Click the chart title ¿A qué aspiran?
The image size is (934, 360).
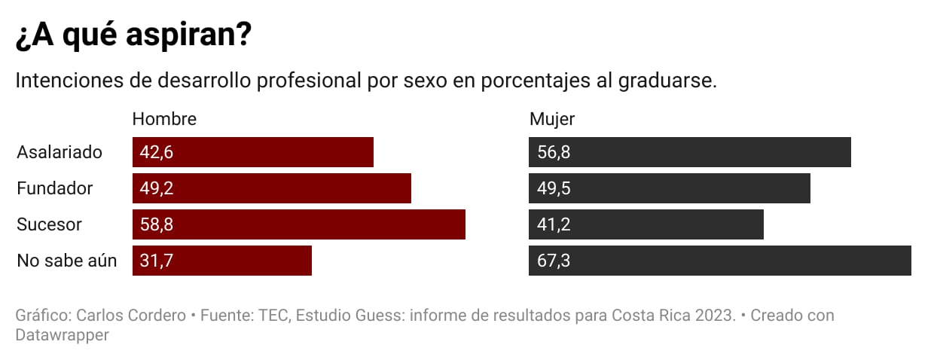133,37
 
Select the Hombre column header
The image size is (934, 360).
164,119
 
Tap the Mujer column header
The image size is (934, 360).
552,119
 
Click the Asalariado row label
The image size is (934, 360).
60,152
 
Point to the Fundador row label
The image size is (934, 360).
55,188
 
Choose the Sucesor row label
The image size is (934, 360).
50,224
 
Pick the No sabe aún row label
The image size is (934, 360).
67,261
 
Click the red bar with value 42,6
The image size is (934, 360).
253,152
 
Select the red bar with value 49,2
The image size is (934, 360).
272,188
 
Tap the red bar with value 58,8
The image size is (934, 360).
299,224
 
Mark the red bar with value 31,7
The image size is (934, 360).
222,261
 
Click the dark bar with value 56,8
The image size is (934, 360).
690,152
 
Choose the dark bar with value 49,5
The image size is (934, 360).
670,188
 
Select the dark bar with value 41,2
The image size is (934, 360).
646,224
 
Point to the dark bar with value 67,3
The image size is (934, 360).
720,261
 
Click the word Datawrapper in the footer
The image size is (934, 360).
63,334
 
